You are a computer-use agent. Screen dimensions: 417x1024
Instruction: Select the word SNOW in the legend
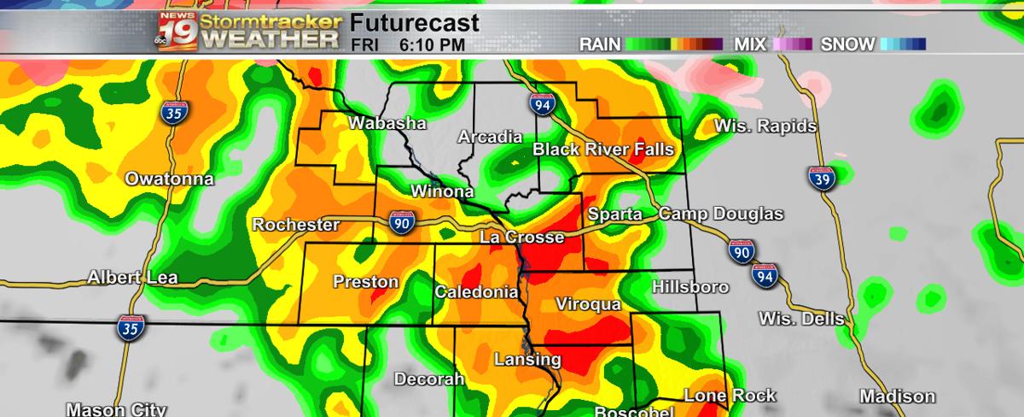(x=847, y=44)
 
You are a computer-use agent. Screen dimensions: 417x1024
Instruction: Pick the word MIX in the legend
(x=750, y=44)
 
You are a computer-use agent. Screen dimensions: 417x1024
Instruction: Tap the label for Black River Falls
(x=603, y=150)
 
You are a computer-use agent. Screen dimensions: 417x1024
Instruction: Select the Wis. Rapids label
(x=765, y=127)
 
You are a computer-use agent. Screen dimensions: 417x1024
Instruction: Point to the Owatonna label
(x=170, y=179)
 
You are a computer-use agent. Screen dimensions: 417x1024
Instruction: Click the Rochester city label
(x=295, y=226)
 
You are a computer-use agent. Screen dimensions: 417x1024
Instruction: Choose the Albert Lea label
(x=132, y=279)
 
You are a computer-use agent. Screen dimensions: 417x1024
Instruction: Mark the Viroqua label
(x=587, y=304)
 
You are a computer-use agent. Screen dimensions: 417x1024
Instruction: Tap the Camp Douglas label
(x=721, y=214)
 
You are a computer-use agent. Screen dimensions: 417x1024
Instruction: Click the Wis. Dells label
(x=801, y=319)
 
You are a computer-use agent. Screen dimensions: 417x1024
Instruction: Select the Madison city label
(x=897, y=396)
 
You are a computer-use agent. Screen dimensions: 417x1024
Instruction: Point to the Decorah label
(x=428, y=379)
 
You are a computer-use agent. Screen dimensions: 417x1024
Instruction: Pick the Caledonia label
(x=476, y=292)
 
